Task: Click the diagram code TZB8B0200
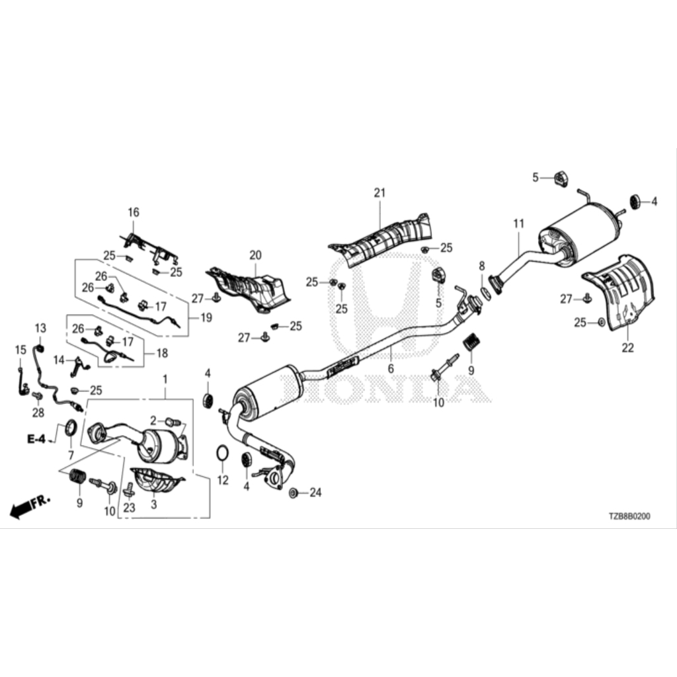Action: click(x=629, y=516)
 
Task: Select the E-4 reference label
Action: click(x=36, y=439)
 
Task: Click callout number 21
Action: click(x=379, y=192)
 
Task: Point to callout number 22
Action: click(x=628, y=348)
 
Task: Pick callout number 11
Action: click(x=518, y=223)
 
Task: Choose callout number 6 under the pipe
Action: click(x=391, y=369)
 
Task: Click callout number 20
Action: click(x=256, y=255)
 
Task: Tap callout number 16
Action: click(x=134, y=212)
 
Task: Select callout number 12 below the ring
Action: click(x=223, y=480)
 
